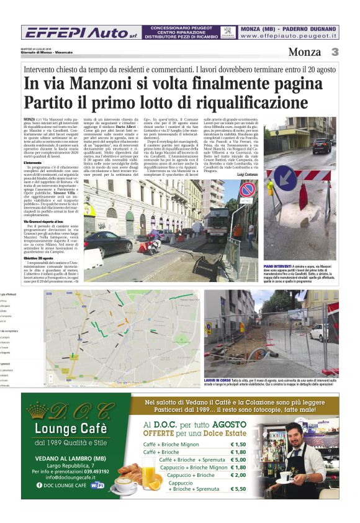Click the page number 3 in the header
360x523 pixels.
coord(334,52)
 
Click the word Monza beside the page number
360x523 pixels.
coord(305,52)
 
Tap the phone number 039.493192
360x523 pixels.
coord(92,471)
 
